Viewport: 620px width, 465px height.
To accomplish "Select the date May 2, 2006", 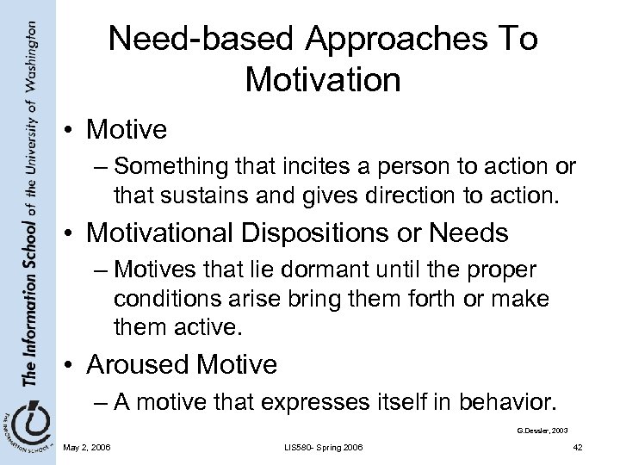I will [x=86, y=446].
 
